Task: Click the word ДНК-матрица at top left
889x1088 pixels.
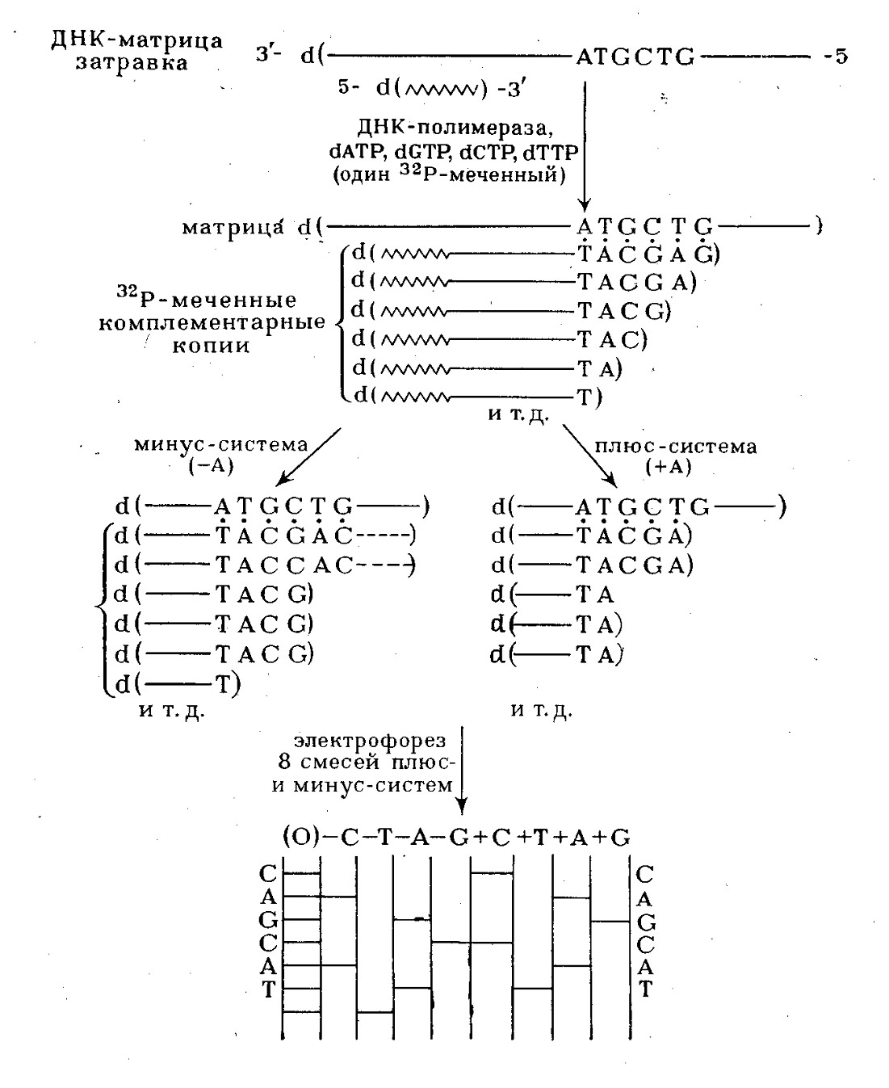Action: coord(136,40)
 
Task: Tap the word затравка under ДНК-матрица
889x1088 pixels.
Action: coord(132,62)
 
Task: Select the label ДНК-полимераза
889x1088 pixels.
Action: coord(455,127)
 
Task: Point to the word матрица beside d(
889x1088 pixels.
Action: coord(233,227)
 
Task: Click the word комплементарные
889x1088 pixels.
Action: coord(212,322)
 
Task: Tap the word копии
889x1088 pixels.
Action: coord(211,345)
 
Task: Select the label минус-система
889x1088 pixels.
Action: coord(221,444)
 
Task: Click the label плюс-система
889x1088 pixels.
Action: coord(676,446)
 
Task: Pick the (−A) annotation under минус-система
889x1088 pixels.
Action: coord(212,466)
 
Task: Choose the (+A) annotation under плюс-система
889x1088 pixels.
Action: coord(669,467)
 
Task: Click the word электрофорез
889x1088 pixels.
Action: coord(370,741)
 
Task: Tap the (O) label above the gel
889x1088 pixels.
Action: coord(302,837)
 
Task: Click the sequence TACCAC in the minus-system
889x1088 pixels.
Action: coord(284,565)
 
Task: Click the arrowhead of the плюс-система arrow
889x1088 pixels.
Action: coord(611,481)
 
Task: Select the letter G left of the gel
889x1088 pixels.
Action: coord(269,920)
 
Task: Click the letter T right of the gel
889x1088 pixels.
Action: coord(645,989)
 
